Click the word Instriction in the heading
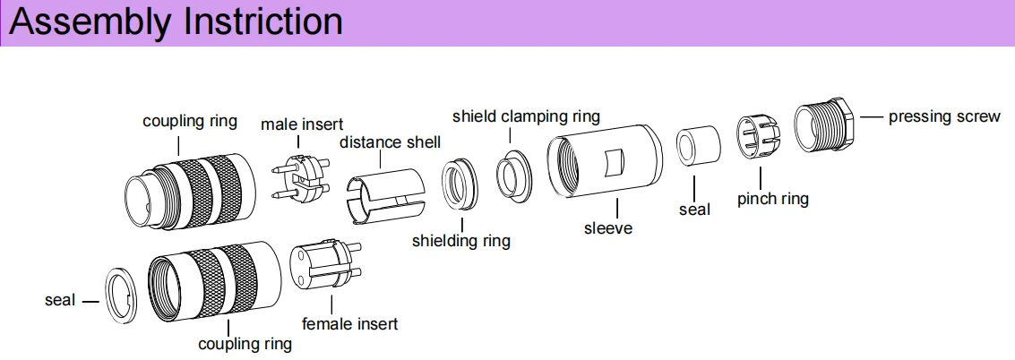(x=262, y=21)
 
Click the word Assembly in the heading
(x=90, y=22)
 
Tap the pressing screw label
(x=943, y=116)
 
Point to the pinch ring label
(x=772, y=199)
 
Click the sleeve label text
(x=608, y=228)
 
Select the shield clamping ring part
(x=513, y=174)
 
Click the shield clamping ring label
(x=526, y=116)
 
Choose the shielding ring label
(x=460, y=240)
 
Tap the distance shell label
(x=390, y=142)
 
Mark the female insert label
(x=349, y=323)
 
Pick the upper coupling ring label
(x=190, y=121)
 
